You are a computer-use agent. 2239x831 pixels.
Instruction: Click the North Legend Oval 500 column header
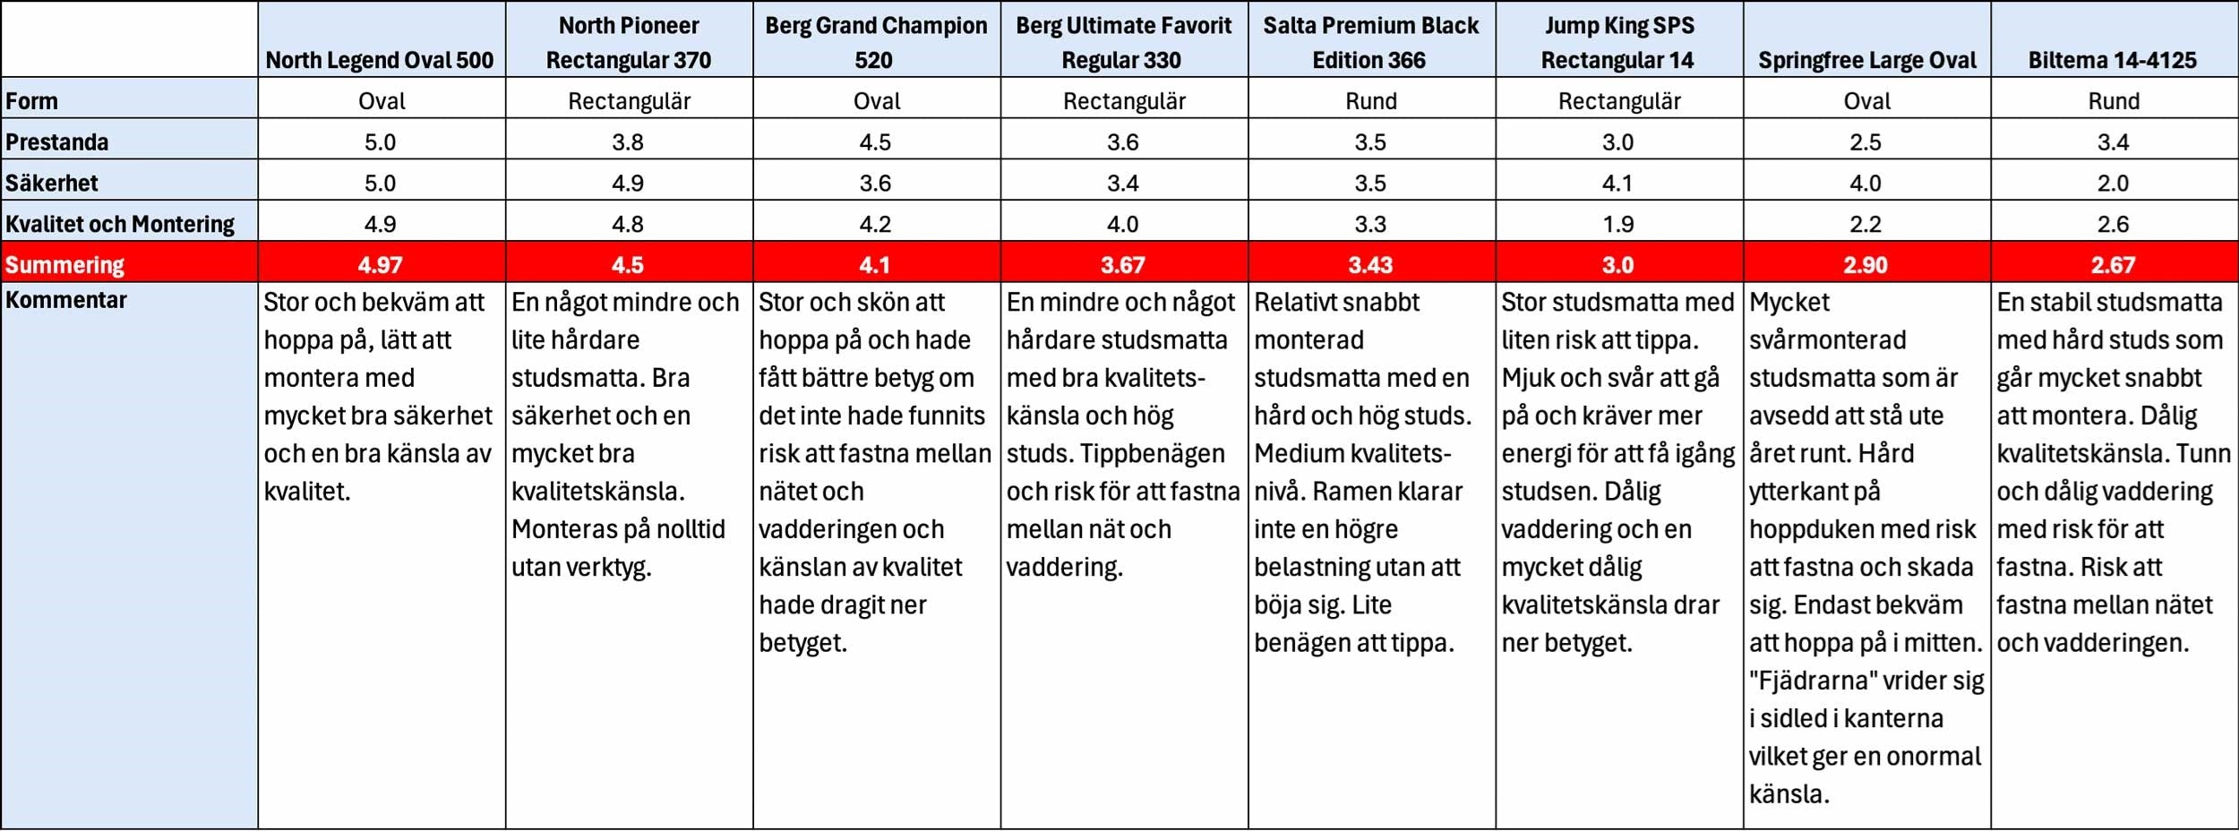coord(380,60)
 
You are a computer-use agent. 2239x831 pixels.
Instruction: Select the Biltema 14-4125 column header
coord(2113,60)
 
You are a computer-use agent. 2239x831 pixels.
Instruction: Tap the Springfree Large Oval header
coord(1866,60)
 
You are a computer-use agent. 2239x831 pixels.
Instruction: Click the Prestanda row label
coord(57,141)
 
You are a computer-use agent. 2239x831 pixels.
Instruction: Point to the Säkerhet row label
coord(52,183)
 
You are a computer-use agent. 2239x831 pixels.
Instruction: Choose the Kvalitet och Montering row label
coord(120,224)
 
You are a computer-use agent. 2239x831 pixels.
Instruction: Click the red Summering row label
coord(65,265)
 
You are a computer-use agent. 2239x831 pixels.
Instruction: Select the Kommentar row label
coord(66,300)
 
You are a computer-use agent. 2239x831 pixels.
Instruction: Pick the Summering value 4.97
coord(380,265)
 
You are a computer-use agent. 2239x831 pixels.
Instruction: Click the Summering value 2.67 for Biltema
coord(2113,265)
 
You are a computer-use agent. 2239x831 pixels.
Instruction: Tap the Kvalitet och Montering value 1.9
coord(1617,224)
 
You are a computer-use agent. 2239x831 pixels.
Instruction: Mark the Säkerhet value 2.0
coord(2113,183)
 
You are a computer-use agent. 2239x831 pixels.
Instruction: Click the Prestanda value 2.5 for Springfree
coord(1866,141)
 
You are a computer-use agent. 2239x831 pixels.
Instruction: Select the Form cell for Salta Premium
coord(1371,101)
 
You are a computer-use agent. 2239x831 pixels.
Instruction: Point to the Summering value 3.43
coord(1370,265)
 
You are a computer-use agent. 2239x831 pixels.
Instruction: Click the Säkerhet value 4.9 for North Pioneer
coord(628,183)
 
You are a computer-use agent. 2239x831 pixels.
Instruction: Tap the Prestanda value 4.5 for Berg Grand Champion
coord(875,141)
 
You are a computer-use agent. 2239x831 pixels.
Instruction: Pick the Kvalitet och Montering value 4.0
coord(1122,224)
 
